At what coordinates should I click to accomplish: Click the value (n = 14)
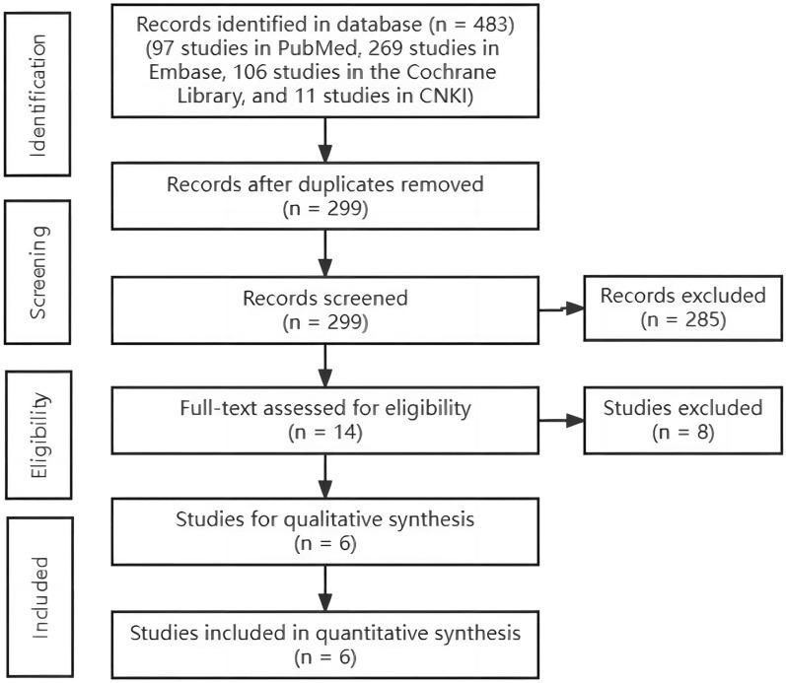(x=322, y=432)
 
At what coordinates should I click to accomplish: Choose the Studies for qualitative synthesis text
(x=322, y=520)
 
